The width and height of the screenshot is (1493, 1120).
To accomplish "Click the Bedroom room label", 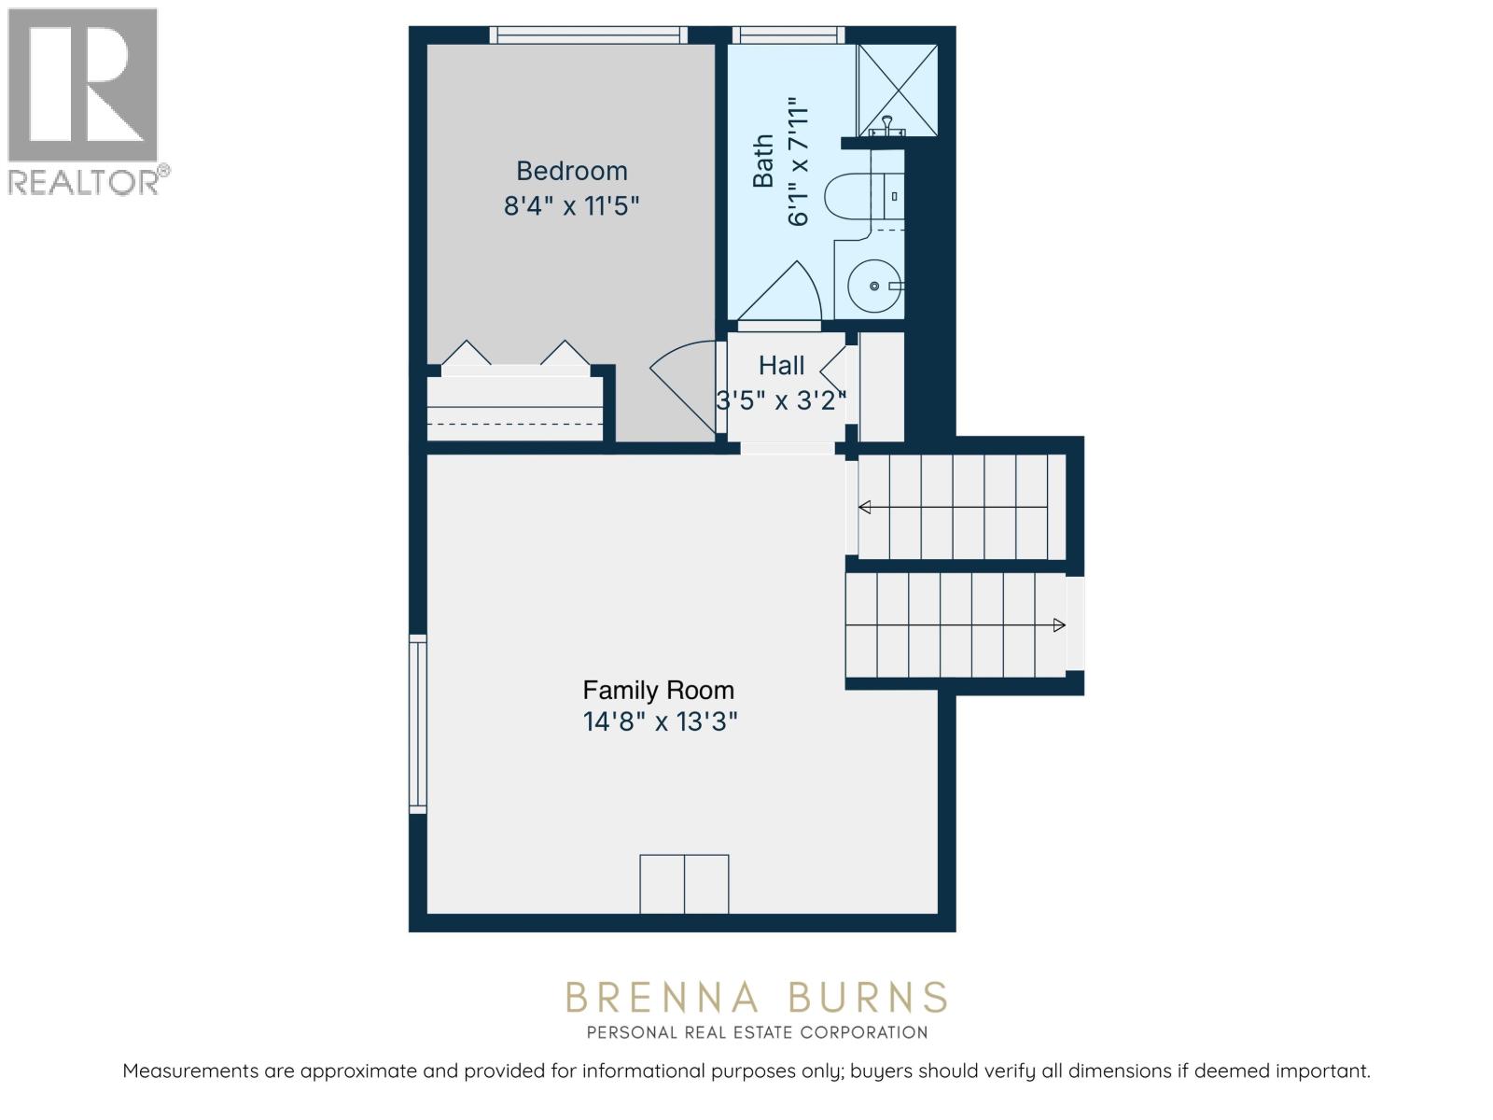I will tap(571, 171).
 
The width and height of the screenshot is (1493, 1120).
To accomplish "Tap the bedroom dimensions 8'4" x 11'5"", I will tap(571, 205).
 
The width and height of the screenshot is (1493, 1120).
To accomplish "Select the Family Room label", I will tap(658, 691).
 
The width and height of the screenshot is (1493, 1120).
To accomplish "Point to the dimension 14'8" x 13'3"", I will tap(661, 722).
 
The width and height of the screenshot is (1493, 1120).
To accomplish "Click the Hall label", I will tap(781, 365).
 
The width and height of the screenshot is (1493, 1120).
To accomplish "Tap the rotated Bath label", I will tap(764, 161).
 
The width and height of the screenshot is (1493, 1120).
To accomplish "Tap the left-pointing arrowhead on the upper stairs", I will tap(864, 507).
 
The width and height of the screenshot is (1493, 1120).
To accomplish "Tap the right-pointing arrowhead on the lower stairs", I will tap(1059, 625).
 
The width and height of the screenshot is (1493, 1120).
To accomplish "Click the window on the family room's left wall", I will tap(418, 723).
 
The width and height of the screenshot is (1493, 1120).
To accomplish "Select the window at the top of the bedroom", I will tap(588, 35).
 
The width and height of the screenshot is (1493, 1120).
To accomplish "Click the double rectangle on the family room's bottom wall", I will tap(684, 884).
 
